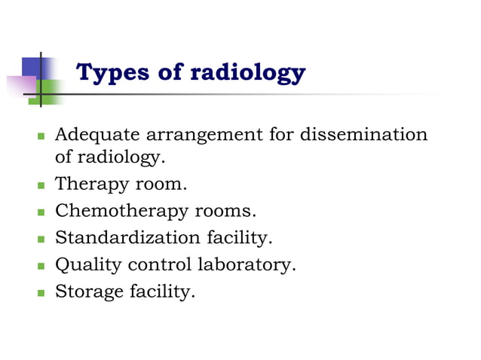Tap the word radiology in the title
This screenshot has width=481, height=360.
[247, 73]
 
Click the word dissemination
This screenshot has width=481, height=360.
[364, 136]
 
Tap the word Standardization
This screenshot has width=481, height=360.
[126, 238]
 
